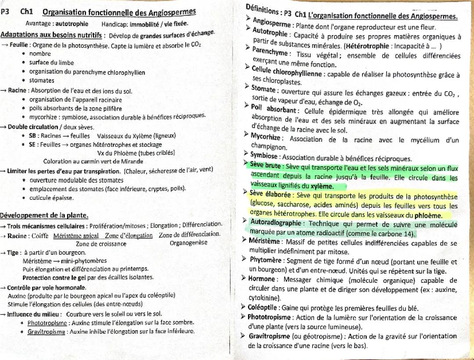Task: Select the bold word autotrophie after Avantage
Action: tap(72, 24)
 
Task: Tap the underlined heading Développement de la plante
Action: tap(44, 215)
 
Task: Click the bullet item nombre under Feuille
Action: tap(40, 53)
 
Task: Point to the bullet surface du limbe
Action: tap(51, 63)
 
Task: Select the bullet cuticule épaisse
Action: tap(51, 198)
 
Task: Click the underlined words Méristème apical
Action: tap(75, 235)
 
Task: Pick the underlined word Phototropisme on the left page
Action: tap(47, 323)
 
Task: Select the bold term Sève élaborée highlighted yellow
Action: tap(270, 194)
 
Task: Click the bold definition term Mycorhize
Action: tap(266, 137)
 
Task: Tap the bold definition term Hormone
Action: tap(262, 279)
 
